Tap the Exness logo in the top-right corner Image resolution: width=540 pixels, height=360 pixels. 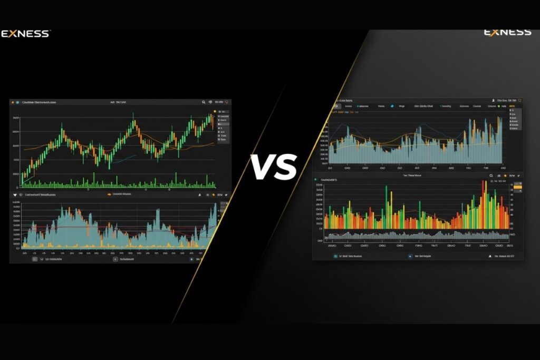(x=507, y=33)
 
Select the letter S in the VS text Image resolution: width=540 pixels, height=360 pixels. (x=286, y=167)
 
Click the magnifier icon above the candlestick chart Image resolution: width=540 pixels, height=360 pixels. (x=204, y=102)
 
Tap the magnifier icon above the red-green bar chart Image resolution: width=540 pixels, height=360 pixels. (x=490, y=176)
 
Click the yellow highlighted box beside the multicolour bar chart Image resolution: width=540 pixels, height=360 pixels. (x=517, y=187)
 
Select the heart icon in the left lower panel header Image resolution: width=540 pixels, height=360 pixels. (x=14, y=194)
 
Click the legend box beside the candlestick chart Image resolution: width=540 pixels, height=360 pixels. (x=222, y=127)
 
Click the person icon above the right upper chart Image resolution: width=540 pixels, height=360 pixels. (x=493, y=100)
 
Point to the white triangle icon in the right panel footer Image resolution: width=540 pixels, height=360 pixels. (x=496, y=256)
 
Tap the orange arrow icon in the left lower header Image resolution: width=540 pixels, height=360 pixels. (x=109, y=194)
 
